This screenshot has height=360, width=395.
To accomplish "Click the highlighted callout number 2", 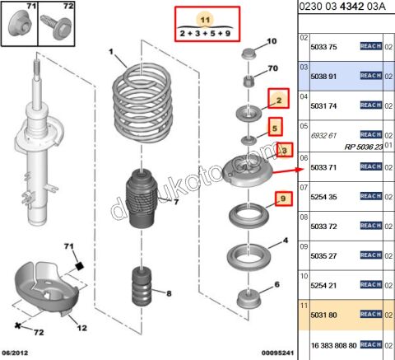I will pos(279,101).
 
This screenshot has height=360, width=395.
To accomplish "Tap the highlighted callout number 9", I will pos(281,198).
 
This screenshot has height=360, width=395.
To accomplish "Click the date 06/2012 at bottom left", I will pos(18,354).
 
